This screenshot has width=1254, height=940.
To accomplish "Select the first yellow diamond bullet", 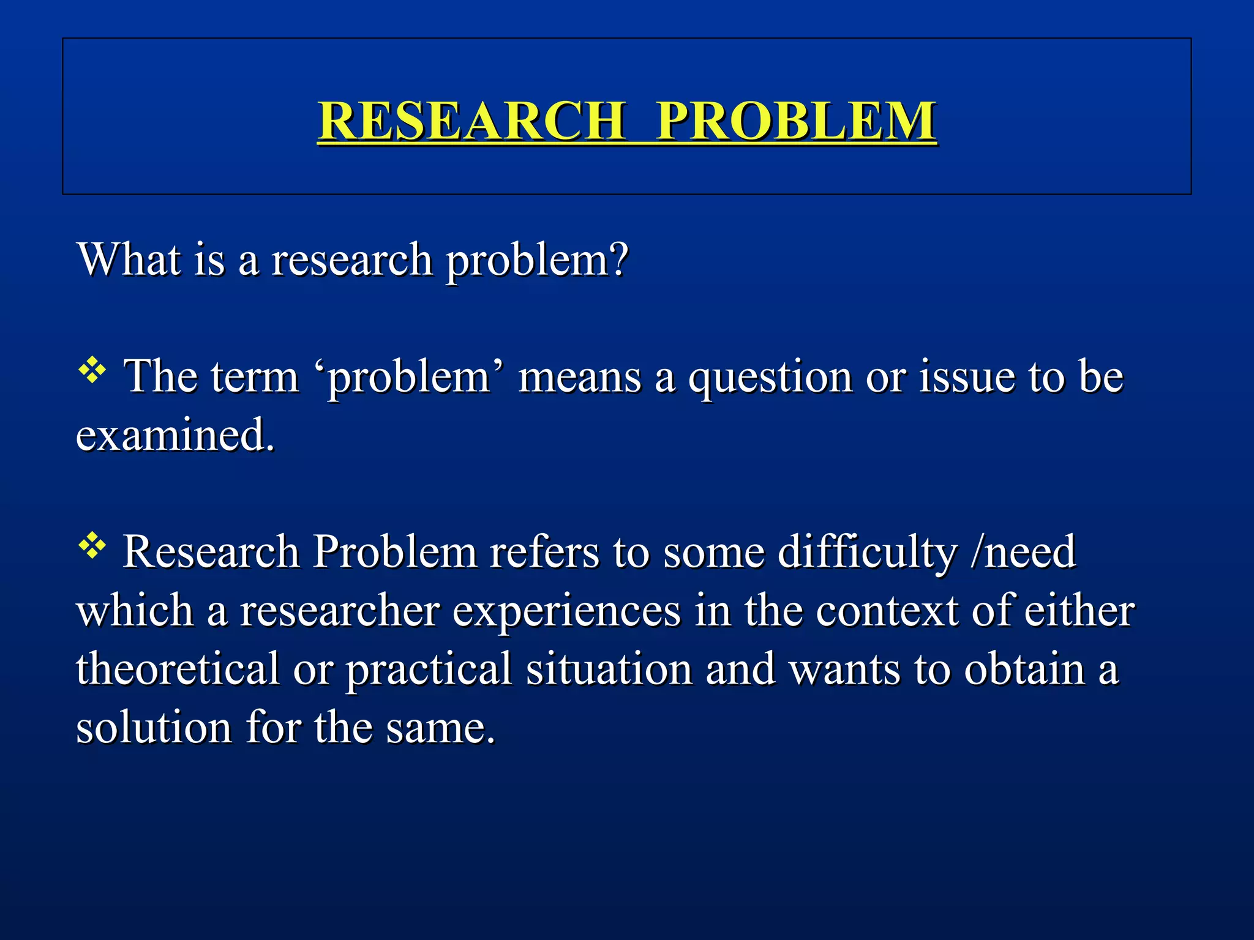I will tap(92, 371).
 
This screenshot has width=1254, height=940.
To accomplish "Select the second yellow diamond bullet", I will tap(92, 546).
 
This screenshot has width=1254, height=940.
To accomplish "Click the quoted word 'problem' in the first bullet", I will tap(409, 377).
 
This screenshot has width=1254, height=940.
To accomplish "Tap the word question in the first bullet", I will tap(769, 377).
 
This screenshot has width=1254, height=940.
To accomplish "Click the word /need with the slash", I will tap(1023, 551).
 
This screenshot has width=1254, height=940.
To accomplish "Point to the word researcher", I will tap(339, 611).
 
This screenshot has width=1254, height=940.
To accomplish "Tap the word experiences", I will tap(566, 611).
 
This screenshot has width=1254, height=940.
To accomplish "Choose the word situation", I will tap(609, 668).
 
